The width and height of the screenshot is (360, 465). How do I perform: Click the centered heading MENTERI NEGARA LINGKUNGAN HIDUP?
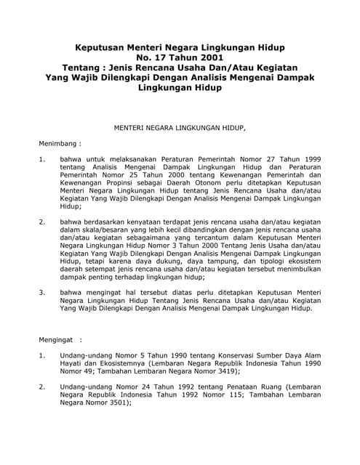pos(181,128)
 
